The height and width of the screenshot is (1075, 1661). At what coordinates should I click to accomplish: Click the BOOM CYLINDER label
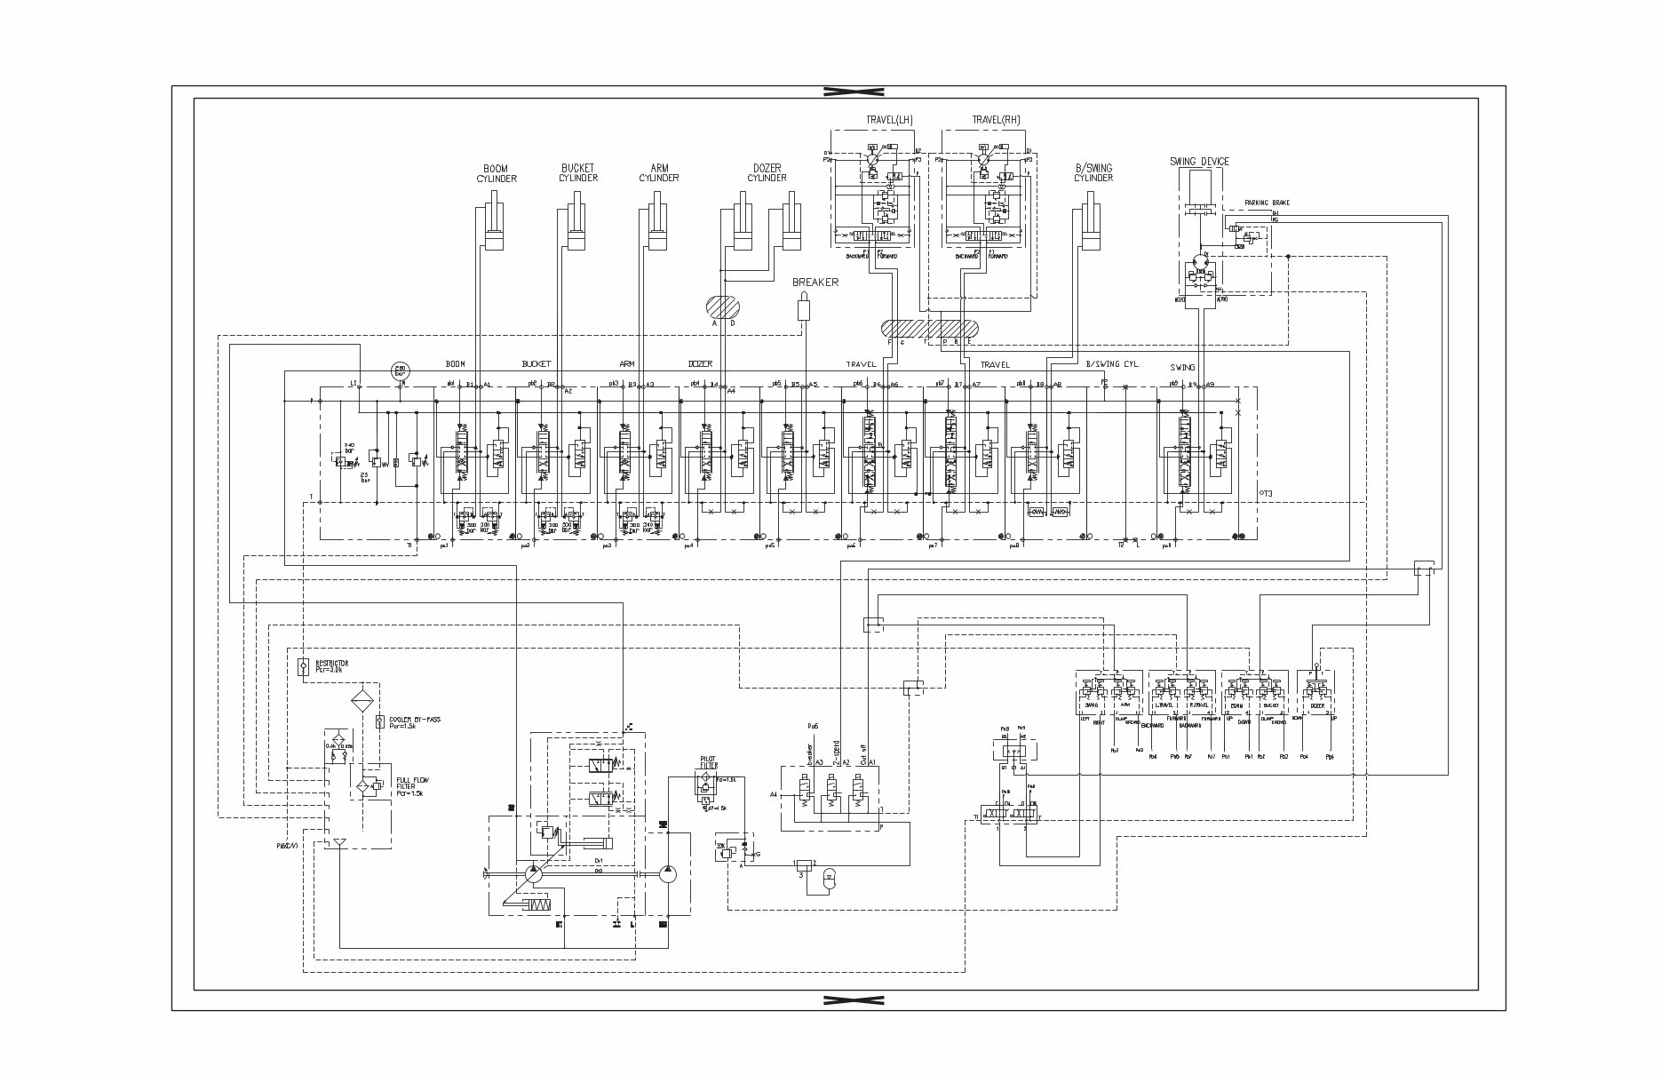[496, 173]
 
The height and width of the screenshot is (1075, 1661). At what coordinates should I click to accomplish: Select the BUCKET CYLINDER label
[577, 173]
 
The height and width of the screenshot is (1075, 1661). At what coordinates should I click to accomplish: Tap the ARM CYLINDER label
[659, 173]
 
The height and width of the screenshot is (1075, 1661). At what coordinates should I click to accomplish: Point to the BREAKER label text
[815, 283]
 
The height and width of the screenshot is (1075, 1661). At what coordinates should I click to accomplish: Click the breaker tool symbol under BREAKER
[805, 307]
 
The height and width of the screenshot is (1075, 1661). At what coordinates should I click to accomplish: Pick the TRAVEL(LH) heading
[889, 120]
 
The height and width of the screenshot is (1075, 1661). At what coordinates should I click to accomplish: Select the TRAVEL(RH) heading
[996, 120]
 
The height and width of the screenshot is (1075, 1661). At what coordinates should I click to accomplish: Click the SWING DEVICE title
[1199, 162]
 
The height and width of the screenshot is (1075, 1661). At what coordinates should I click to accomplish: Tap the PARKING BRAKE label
[1267, 203]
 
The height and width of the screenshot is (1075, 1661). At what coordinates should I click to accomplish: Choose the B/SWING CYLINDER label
[1093, 173]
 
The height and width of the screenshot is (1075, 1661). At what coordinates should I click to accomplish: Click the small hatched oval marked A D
[723, 307]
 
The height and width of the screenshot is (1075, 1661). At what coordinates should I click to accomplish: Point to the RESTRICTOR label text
[331, 665]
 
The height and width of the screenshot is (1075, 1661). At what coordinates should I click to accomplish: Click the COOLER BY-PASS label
[415, 721]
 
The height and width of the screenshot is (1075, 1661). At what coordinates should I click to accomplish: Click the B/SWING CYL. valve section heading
[1113, 365]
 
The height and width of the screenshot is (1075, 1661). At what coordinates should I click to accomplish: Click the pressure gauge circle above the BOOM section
[401, 370]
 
